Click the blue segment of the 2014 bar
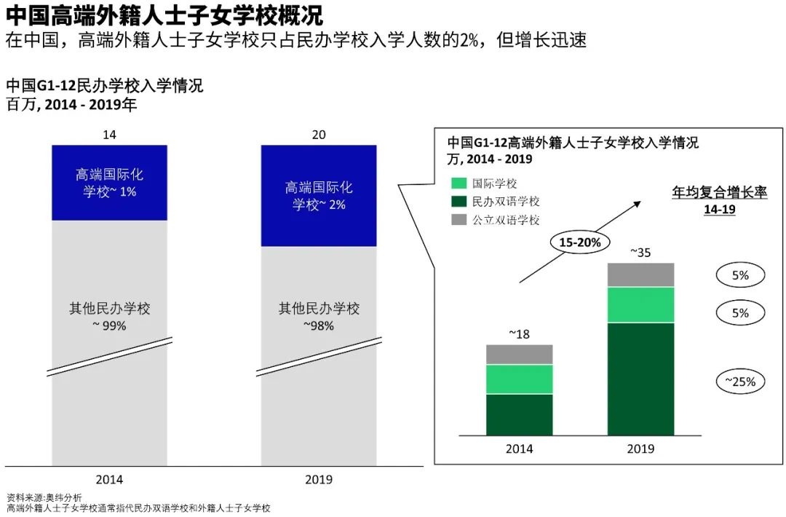click(x=109, y=183)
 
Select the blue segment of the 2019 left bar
click(x=319, y=196)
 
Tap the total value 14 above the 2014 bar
click(x=110, y=135)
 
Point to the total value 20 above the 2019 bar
click(x=319, y=135)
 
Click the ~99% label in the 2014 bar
click(x=110, y=326)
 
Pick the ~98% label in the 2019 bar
click(x=319, y=326)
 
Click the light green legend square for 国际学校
click(x=458, y=184)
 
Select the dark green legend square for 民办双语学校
click(x=458, y=202)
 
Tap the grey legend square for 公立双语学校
click(x=458, y=219)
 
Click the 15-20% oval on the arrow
click(x=580, y=242)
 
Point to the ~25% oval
click(x=741, y=381)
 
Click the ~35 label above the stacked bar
click(x=640, y=253)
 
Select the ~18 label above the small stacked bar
click(x=519, y=334)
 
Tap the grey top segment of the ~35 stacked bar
click(x=640, y=275)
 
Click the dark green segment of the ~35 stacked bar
click(x=640, y=379)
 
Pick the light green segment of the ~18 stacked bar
click(x=519, y=379)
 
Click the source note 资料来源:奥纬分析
click(x=44, y=497)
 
